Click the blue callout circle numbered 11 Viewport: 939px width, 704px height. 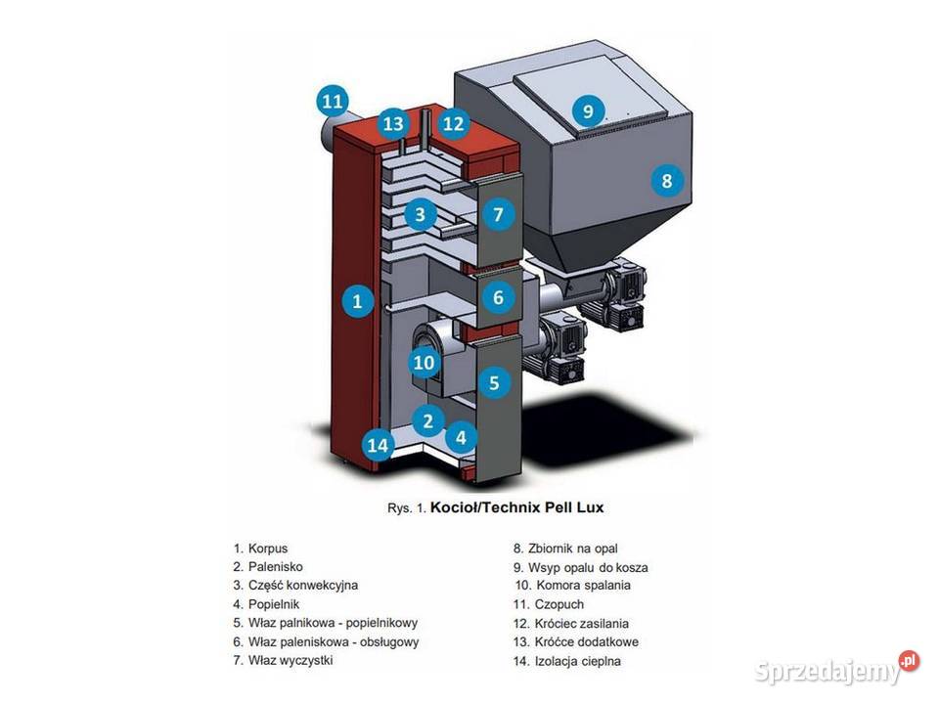coord(333,100)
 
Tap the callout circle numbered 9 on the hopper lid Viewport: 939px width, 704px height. coord(588,110)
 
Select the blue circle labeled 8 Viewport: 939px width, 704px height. coord(666,180)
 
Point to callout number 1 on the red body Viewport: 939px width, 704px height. coord(357,301)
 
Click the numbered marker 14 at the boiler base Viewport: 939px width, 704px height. coord(377,447)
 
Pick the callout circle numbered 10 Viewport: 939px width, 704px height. coord(424,363)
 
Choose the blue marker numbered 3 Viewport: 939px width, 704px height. coord(419,213)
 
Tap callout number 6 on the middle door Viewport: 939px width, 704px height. coord(498,297)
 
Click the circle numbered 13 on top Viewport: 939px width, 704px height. coord(393,124)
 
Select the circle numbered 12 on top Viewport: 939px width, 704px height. coord(453,124)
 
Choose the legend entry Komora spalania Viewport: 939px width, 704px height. coord(583,585)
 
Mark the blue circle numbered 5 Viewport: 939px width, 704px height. coord(494,382)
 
